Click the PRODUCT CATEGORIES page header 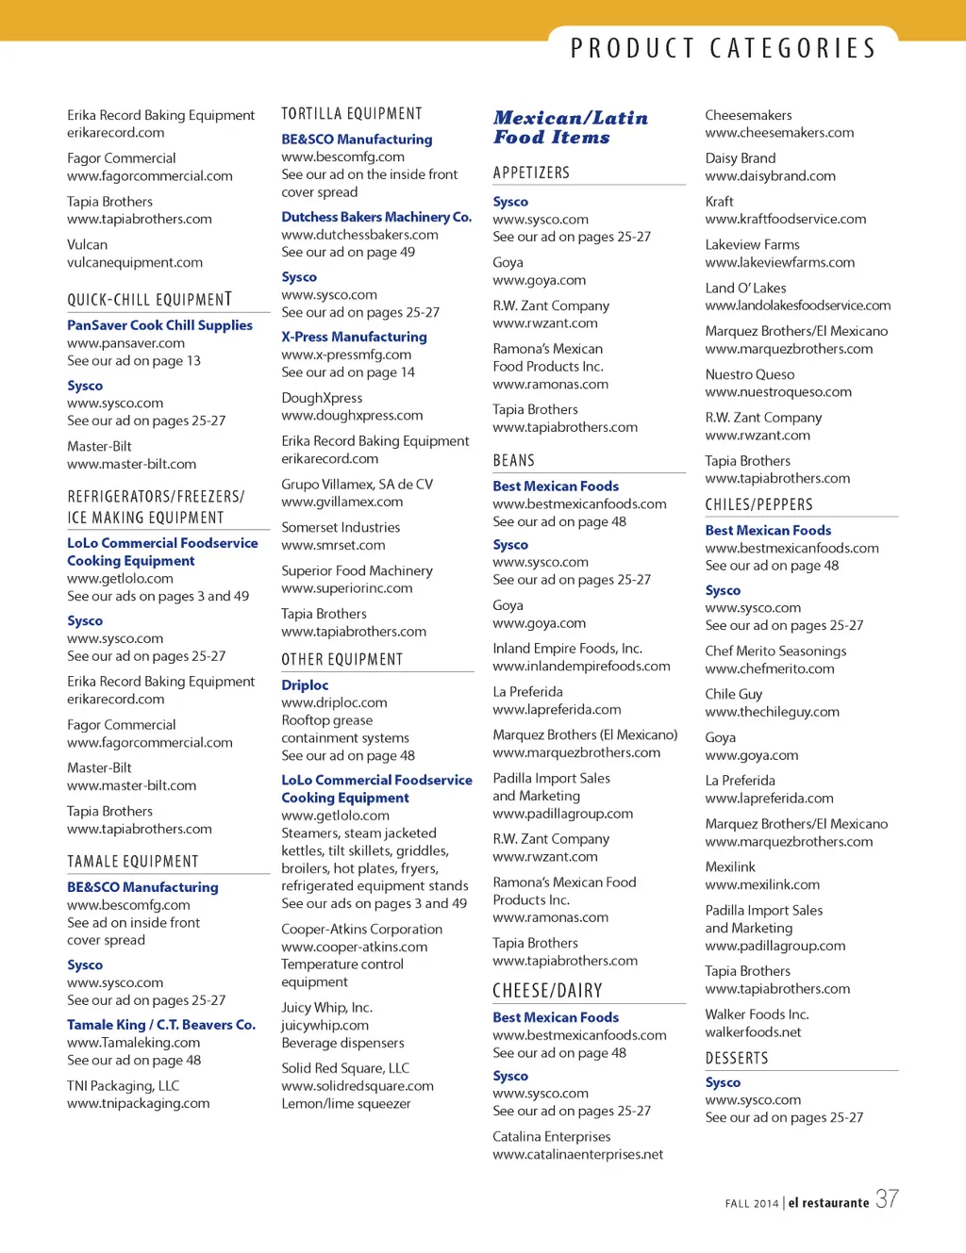point(723,48)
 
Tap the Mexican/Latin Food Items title point(570,127)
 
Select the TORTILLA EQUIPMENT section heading point(352,114)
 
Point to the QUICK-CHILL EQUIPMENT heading point(149,300)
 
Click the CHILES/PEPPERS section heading point(758,504)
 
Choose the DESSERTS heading point(736,1058)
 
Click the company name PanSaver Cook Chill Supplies point(159,325)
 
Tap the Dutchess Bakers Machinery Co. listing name point(376,217)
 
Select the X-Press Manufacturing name point(354,337)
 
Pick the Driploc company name point(305,685)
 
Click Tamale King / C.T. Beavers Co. point(161,1025)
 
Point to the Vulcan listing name point(87,245)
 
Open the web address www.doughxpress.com point(352,416)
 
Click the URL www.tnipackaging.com point(138,1104)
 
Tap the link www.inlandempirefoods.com point(581,667)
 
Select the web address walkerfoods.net point(753,1032)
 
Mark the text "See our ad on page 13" point(134,361)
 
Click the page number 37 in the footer point(887,1199)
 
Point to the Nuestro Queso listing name point(749,375)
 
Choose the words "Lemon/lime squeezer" point(345,1104)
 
